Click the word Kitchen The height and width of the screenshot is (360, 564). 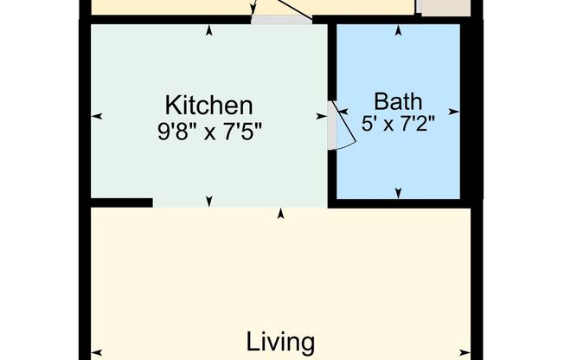click(x=208, y=106)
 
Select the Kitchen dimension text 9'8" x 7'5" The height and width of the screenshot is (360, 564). click(x=208, y=132)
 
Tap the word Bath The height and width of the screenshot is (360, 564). click(x=398, y=99)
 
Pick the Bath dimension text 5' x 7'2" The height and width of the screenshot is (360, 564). click(x=398, y=123)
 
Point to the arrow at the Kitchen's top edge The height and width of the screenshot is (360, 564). click(x=208, y=31)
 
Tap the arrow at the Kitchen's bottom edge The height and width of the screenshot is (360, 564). click(x=208, y=201)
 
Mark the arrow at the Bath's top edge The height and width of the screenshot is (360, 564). click(x=398, y=31)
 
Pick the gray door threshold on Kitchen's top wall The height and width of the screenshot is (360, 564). click(x=281, y=20)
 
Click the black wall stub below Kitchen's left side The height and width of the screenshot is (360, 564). click(x=121, y=202)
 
